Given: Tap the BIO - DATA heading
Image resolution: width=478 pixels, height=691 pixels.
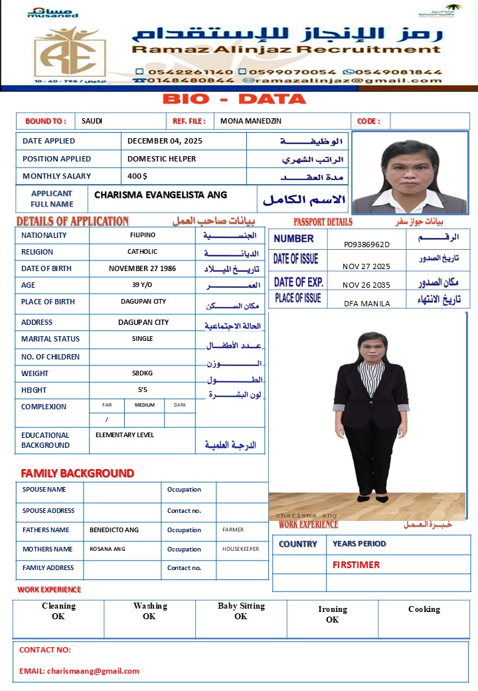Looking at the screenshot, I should tap(234, 100).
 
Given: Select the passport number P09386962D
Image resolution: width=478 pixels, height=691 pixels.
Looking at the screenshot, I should tap(366, 245).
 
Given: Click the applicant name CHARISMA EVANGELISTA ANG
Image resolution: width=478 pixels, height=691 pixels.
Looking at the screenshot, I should tap(161, 195).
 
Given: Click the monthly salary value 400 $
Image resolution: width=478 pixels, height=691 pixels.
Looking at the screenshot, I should tap(137, 176).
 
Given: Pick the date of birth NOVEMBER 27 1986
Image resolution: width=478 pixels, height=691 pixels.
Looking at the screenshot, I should tap(142, 268).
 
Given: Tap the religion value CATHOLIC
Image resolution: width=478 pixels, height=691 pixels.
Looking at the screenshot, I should tap(142, 252).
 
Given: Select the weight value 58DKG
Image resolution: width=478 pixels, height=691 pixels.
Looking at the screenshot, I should tap(142, 373).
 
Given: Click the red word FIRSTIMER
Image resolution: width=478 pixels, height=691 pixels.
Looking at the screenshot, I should tap(356, 565).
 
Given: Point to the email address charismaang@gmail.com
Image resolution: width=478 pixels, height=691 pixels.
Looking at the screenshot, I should tap(93, 671).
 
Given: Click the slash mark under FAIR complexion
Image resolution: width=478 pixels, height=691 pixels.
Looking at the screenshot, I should tap(106, 420).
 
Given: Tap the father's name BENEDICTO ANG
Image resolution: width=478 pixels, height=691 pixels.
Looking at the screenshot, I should tap(114, 530).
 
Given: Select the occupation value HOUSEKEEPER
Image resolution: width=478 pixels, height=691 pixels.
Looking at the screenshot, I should tap(240, 549).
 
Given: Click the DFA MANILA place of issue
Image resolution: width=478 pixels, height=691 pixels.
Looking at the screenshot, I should tap(366, 304).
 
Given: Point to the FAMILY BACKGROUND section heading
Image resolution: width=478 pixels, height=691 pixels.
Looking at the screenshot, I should tap(77, 474).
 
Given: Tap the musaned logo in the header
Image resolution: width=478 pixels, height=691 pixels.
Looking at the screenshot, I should tap(53, 12).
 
